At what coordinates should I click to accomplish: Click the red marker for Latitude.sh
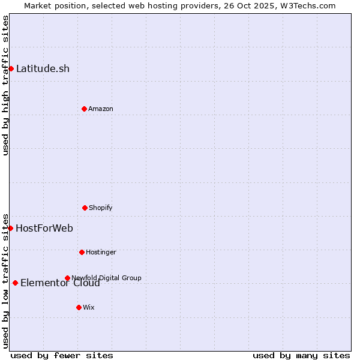(x=11, y=68)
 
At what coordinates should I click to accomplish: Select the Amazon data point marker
(x=84, y=109)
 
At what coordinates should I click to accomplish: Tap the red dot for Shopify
(x=85, y=208)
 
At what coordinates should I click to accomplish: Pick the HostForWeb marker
(x=10, y=228)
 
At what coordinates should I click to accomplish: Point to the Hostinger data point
(x=82, y=252)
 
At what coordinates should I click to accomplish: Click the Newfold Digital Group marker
(x=67, y=278)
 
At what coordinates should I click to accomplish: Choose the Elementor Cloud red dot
(x=15, y=283)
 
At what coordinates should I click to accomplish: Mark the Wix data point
(x=79, y=307)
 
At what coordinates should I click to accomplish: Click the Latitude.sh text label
(x=43, y=68)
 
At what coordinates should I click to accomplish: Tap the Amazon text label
(x=101, y=109)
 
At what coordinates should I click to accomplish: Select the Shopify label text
(x=101, y=208)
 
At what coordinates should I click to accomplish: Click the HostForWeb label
(x=44, y=228)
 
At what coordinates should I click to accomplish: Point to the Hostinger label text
(x=101, y=252)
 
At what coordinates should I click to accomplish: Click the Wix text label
(x=89, y=307)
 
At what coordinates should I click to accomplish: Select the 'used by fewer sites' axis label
(x=62, y=355)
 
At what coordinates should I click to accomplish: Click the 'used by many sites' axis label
(x=301, y=355)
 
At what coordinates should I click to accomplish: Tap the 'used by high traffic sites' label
(x=5, y=85)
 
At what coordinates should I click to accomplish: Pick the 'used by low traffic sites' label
(x=5, y=280)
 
